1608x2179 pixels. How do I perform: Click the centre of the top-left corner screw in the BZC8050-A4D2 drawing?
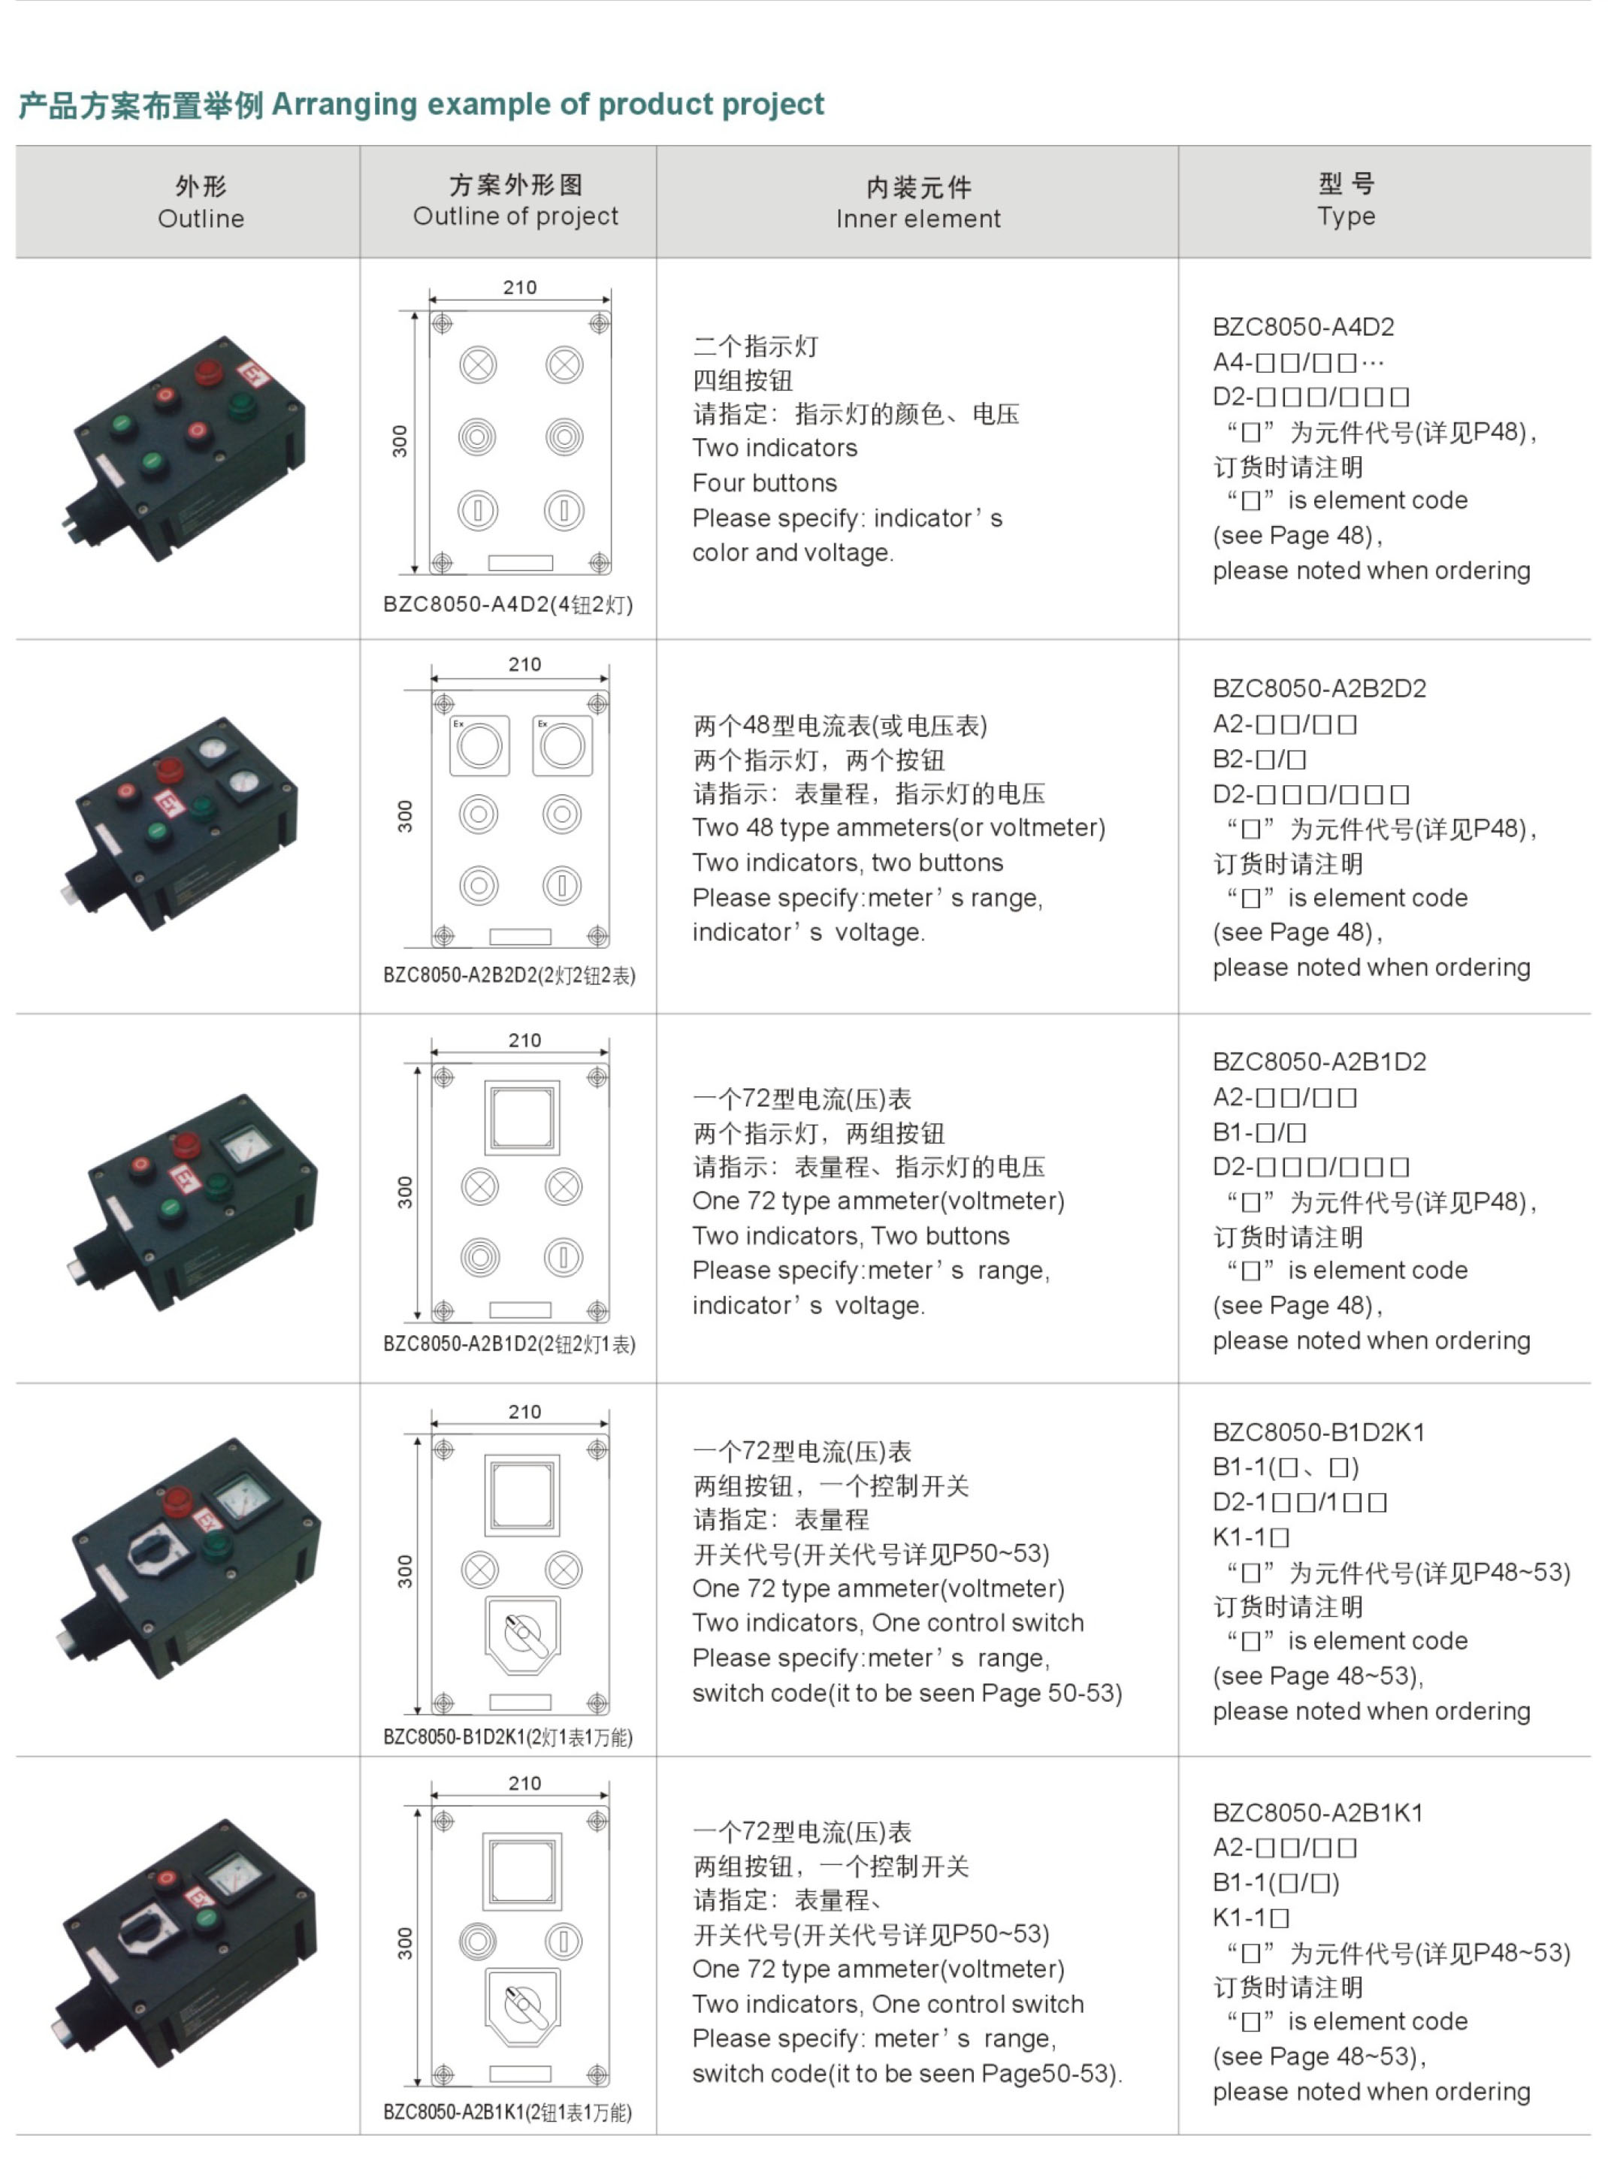pos(442,323)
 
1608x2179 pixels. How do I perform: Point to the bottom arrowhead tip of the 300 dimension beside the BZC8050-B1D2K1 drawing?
pos(419,1714)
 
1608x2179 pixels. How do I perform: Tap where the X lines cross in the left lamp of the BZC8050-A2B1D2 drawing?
pos(480,1187)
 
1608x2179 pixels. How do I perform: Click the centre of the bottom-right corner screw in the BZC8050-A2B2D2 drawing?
pos(597,936)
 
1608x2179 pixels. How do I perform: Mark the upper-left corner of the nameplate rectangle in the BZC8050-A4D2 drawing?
pos(488,556)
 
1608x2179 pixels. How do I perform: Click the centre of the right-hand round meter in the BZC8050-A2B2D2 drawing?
pos(563,746)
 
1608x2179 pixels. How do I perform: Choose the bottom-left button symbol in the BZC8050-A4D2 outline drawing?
pos(478,511)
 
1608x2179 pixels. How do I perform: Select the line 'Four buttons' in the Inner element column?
pos(765,482)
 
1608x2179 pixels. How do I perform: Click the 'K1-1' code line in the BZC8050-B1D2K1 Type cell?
pos(1252,1537)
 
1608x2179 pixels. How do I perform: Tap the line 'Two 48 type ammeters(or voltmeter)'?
pos(899,828)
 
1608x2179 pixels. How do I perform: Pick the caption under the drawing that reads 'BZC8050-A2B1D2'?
pos(509,1344)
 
